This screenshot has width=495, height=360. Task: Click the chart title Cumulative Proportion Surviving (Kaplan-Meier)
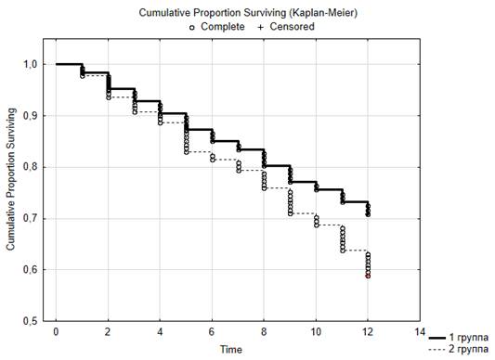click(x=248, y=13)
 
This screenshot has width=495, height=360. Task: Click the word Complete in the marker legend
click(x=223, y=27)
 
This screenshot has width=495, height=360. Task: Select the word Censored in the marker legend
click(x=292, y=27)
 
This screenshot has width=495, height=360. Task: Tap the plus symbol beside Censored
click(x=260, y=28)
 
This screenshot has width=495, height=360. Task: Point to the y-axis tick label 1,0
click(x=30, y=64)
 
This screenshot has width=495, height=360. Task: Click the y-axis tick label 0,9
click(x=30, y=115)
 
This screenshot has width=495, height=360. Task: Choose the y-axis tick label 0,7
click(x=30, y=218)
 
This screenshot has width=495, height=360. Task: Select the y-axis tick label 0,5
click(x=30, y=321)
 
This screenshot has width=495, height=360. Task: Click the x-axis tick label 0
click(x=56, y=332)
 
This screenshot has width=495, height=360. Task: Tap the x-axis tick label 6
click(x=212, y=332)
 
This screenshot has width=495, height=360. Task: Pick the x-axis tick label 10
click(x=316, y=332)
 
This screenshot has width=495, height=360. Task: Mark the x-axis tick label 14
click(x=420, y=332)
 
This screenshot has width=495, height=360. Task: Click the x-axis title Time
click(x=231, y=350)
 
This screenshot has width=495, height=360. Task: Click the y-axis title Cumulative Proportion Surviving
click(x=11, y=179)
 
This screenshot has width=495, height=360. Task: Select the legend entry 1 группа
click(x=469, y=338)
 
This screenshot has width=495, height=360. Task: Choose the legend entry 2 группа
click(x=469, y=349)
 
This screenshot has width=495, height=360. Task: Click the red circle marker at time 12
click(x=368, y=276)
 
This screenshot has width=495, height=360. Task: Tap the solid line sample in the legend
click(x=437, y=339)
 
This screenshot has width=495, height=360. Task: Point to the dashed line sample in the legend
click(x=437, y=350)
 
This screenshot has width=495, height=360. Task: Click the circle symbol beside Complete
click(x=191, y=28)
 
